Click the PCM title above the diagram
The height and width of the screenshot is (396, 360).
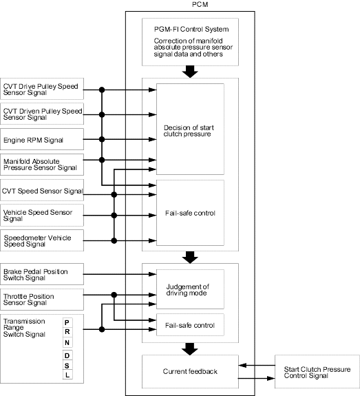pyautogui.click(x=200, y=5)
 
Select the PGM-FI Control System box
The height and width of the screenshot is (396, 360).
pyautogui.click(x=190, y=42)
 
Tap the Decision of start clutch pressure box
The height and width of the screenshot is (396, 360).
pyautogui.click(x=190, y=129)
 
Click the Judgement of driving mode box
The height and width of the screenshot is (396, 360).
pyautogui.click(x=190, y=289)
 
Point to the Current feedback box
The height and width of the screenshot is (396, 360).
pyautogui.click(x=190, y=371)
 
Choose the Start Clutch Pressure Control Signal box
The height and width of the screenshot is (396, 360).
pyautogui.click(x=317, y=371)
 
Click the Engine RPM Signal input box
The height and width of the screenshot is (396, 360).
pyautogui.click(x=42, y=139)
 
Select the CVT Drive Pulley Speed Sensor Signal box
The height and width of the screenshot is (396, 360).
pyautogui.click(x=42, y=89)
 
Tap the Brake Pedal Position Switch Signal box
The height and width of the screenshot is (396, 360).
pyautogui.click(x=42, y=274)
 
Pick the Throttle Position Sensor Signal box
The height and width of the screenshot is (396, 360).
pyautogui.click(x=42, y=300)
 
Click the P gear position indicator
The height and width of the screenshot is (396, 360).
pyautogui.click(x=67, y=322)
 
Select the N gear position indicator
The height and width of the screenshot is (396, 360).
pyautogui.click(x=67, y=342)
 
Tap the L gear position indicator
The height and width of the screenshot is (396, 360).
pyautogui.click(x=67, y=375)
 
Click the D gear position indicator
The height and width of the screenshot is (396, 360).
pyautogui.click(x=67, y=355)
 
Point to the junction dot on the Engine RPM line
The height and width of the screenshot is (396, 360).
pyautogui.click(x=102, y=139)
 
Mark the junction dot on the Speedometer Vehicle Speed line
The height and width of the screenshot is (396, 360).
pyautogui.click(x=114, y=240)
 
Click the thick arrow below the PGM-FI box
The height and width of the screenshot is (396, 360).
pyautogui.click(x=190, y=72)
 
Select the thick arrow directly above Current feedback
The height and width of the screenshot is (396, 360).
pyautogui.click(x=190, y=349)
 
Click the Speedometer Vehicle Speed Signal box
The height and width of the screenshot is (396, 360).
pyautogui.click(x=42, y=240)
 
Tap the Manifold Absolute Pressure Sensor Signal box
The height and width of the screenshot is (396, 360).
pyautogui.click(x=42, y=165)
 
